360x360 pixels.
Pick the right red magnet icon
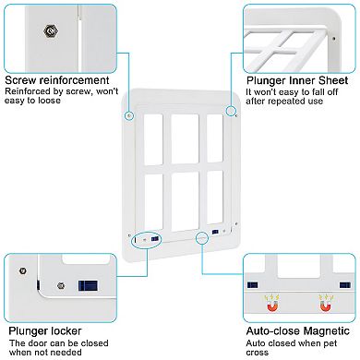323,300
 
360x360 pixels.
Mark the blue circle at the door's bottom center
202,237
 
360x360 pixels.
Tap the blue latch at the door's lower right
214,231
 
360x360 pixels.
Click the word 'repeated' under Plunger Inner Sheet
278,102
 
